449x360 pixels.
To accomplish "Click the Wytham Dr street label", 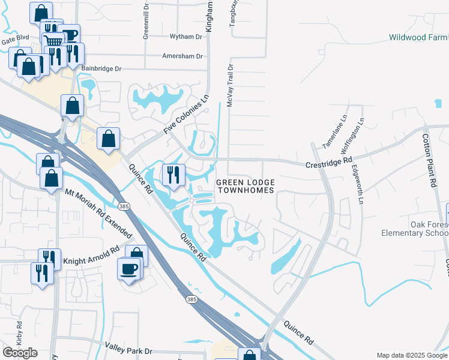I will point(186,37).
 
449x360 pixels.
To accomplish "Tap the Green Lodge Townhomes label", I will point(245,186).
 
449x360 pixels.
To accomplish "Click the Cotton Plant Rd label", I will point(433,160).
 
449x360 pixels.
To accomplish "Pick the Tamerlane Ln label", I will point(334,131).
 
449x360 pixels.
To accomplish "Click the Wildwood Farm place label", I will point(418,37).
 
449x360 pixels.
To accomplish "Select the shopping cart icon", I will point(53,41).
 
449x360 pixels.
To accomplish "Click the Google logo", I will point(20,353).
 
